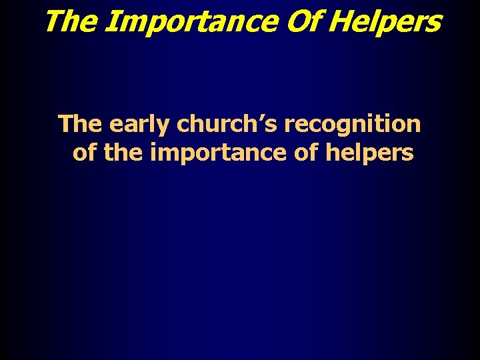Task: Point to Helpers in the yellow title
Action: click(385, 22)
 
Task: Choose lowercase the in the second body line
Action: click(124, 153)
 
